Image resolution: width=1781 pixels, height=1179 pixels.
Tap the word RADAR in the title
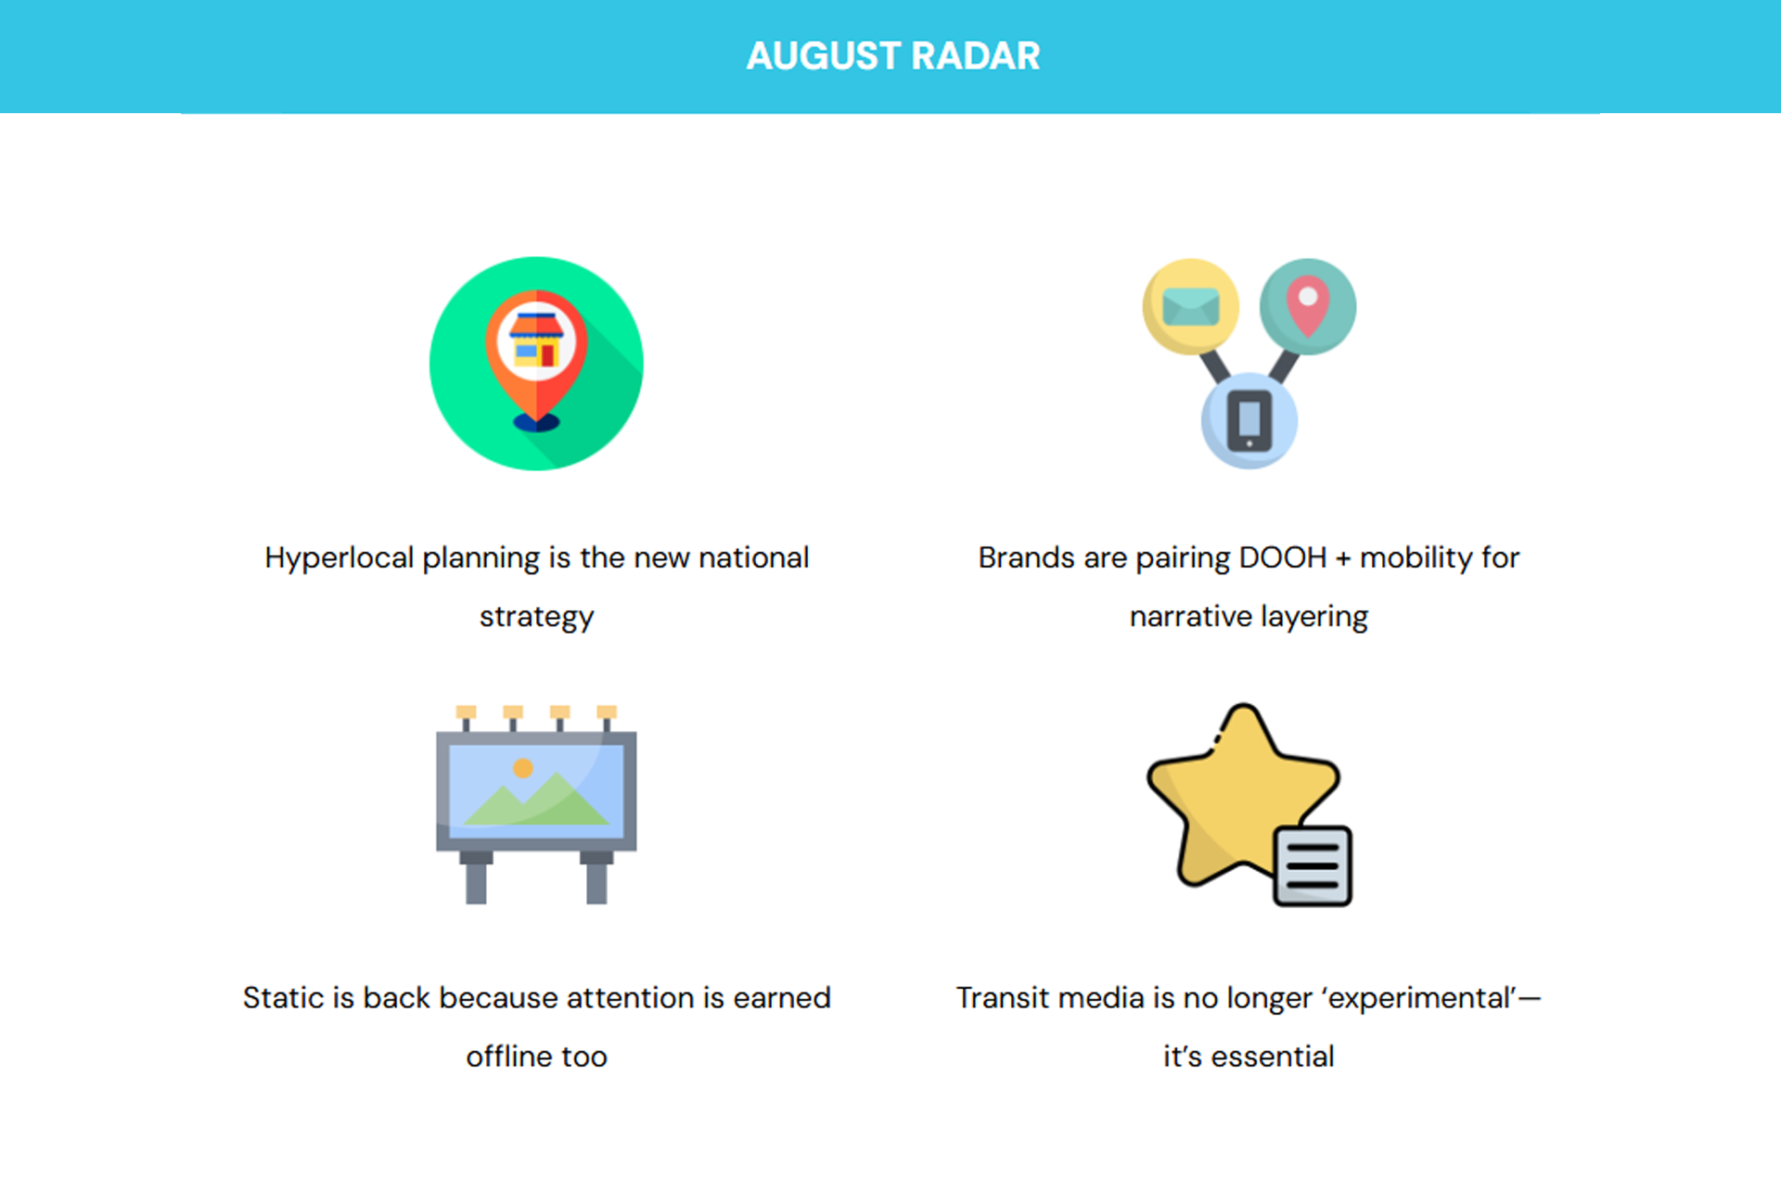pos(976,56)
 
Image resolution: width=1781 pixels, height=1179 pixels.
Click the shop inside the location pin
pos(536,340)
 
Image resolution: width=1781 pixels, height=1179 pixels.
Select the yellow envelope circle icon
pos(1191,306)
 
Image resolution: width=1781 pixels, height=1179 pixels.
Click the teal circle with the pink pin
pos(1308,306)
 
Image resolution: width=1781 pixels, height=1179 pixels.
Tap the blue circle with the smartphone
pos(1249,420)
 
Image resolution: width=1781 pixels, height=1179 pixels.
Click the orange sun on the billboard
pos(523,768)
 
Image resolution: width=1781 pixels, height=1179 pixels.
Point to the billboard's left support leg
pos(476,878)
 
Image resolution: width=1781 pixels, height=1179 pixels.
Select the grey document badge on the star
pos(1313,865)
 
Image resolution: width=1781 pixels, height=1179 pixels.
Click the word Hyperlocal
pos(340,558)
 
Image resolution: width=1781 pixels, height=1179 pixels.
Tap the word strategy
pos(536,618)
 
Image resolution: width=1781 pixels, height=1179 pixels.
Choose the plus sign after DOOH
pos(1343,558)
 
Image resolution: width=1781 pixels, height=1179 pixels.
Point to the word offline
pos(509,1057)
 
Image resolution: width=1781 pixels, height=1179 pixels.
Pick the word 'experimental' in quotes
pos(1420,999)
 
